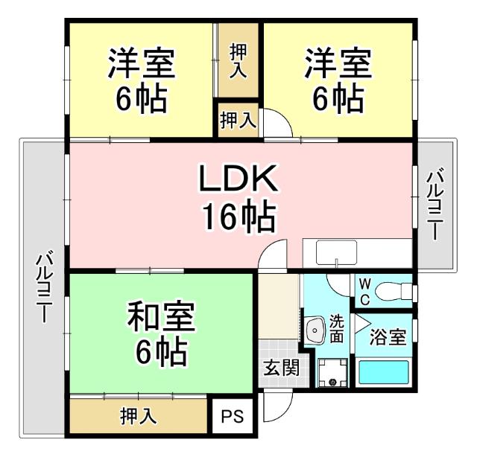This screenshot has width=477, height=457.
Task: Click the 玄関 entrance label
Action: tap(280, 368)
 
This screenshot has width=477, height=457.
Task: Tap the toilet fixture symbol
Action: tap(391, 290)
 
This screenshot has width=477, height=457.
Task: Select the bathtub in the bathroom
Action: tap(383, 371)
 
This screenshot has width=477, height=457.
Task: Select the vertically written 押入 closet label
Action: tap(238, 61)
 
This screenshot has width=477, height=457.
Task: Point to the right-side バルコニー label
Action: tap(436, 203)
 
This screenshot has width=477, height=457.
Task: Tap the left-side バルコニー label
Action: tap(44, 287)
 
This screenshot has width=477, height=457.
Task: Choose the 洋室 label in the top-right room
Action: tap(337, 65)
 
